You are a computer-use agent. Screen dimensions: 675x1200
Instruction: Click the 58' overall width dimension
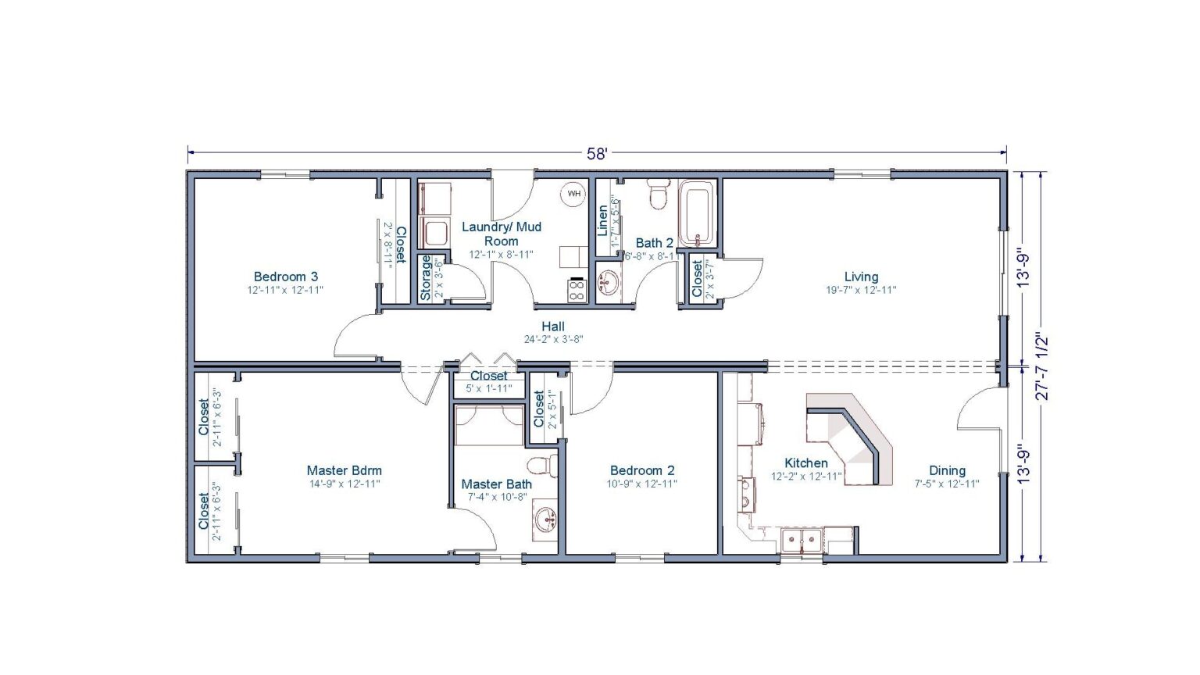tap(597, 154)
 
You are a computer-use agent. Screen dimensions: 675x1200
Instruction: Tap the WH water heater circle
tap(574, 194)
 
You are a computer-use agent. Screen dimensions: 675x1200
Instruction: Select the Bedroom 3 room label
tap(285, 277)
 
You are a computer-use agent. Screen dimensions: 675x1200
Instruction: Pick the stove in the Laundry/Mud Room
tap(577, 291)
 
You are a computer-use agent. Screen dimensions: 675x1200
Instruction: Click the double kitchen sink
tap(802, 540)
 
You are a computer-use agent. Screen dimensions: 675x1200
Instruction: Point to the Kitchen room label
tap(805, 463)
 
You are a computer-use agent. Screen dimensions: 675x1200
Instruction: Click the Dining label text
tap(947, 470)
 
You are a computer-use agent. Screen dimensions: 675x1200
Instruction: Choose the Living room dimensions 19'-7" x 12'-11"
tap(861, 290)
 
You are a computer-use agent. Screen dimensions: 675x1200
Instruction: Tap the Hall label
tap(553, 326)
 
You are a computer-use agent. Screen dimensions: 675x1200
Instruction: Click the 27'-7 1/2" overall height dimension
tap(1041, 366)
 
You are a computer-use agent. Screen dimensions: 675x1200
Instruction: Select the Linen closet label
tap(602, 221)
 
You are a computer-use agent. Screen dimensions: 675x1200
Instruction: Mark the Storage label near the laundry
tap(426, 278)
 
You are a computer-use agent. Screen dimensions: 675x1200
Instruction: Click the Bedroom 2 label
tap(642, 470)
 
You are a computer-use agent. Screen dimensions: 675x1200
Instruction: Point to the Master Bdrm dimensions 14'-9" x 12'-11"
tap(344, 484)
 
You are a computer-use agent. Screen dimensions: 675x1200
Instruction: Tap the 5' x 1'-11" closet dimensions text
tap(489, 388)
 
